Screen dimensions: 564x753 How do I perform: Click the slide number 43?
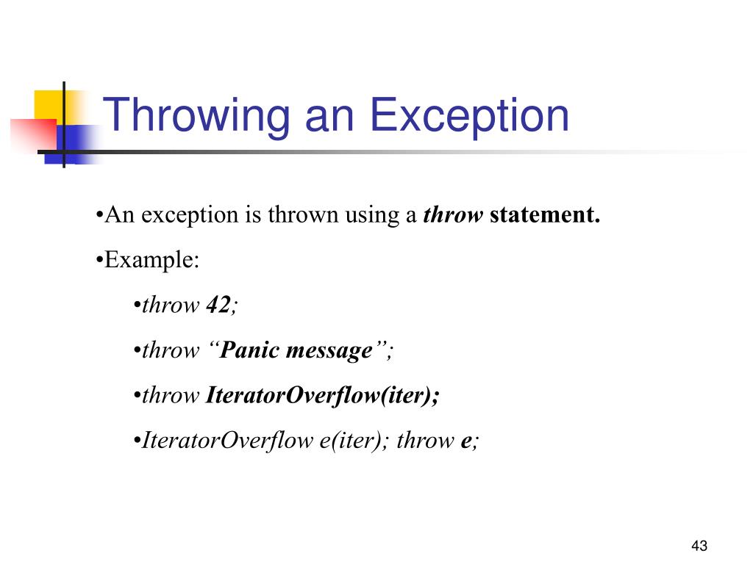click(699, 546)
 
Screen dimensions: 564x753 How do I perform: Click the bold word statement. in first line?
click(545, 216)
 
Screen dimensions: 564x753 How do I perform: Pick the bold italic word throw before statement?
click(454, 216)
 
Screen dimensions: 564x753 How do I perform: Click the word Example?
click(151, 260)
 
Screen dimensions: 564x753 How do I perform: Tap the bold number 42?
click(218, 305)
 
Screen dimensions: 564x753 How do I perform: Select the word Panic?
click(250, 350)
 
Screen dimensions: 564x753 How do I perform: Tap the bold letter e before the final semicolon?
click(465, 441)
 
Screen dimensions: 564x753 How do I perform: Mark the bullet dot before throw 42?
click(138, 305)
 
